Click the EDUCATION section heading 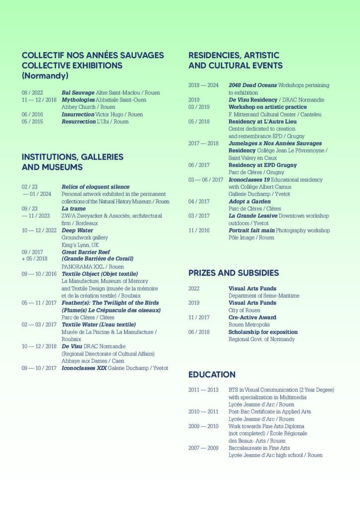tap(212, 374)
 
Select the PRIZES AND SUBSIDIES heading tap(233, 273)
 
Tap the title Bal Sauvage tap(78, 92)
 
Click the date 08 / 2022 tap(32, 92)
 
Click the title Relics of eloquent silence tap(95, 187)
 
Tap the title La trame tap(74, 209)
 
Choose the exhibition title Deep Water tap(77, 231)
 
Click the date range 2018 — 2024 tap(203, 85)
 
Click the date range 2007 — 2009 tap(203, 448)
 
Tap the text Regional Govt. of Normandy tap(262, 339)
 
